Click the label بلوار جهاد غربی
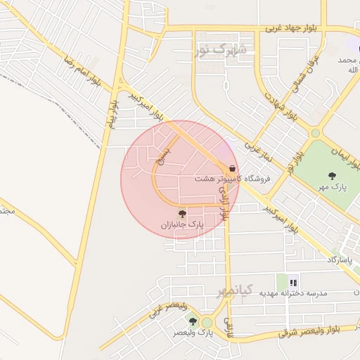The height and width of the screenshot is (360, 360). tap(292, 28)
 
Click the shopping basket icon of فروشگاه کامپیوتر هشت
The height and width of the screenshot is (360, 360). tap(232, 168)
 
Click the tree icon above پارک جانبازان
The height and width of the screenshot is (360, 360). tap(182, 214)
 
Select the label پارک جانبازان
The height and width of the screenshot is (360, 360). tap(181, 226)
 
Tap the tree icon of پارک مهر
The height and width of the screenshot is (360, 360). tap(332, 175)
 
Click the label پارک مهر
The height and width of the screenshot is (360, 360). tap(335, 186)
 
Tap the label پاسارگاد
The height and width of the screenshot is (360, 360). tap(341, 259)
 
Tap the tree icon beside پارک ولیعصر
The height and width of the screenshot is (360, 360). tap(193, 321)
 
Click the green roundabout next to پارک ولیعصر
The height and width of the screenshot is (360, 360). tap(207, 322)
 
